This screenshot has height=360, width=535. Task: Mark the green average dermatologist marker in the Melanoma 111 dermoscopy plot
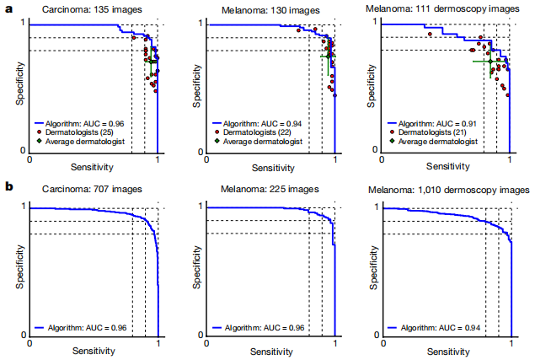(x=490, y=61)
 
